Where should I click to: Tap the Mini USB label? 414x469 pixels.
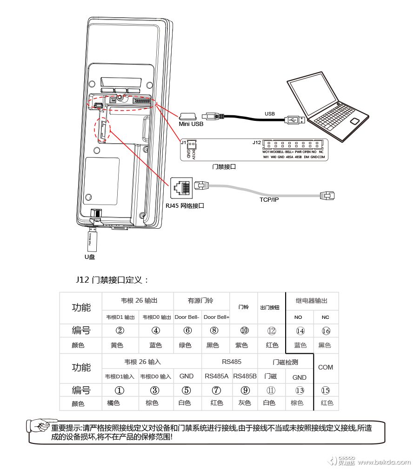point(191,124)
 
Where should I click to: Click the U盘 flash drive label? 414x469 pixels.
point(89,257)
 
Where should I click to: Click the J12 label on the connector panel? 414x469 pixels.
point(256,142)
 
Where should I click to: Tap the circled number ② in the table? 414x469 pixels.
point(120,330)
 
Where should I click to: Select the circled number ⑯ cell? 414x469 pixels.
point(326,330)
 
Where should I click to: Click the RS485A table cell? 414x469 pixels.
point(217,376)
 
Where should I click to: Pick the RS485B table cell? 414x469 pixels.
point(245,376)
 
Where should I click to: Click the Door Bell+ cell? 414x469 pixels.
point(217,317)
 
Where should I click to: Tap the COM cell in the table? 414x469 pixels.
point(326,367)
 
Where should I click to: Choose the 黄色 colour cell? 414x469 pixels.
point(117,345)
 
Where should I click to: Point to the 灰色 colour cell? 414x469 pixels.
point(244,403)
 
